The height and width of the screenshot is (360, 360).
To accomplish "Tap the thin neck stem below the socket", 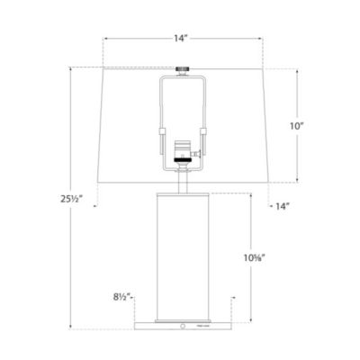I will [184, 180].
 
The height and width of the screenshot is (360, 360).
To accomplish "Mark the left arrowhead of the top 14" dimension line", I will [106, 39].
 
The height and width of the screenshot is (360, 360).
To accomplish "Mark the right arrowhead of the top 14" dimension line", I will [262, 39].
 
